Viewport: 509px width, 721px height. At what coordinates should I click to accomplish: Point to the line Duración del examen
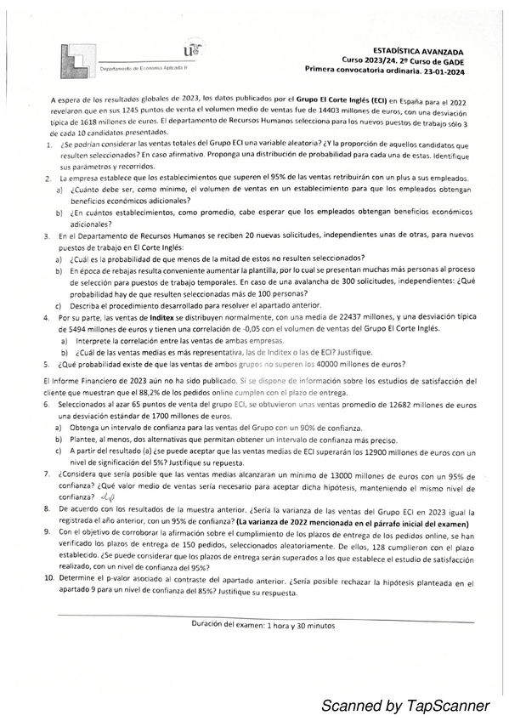click(263, 625)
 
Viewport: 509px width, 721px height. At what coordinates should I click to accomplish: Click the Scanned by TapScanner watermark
click(405, 705)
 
